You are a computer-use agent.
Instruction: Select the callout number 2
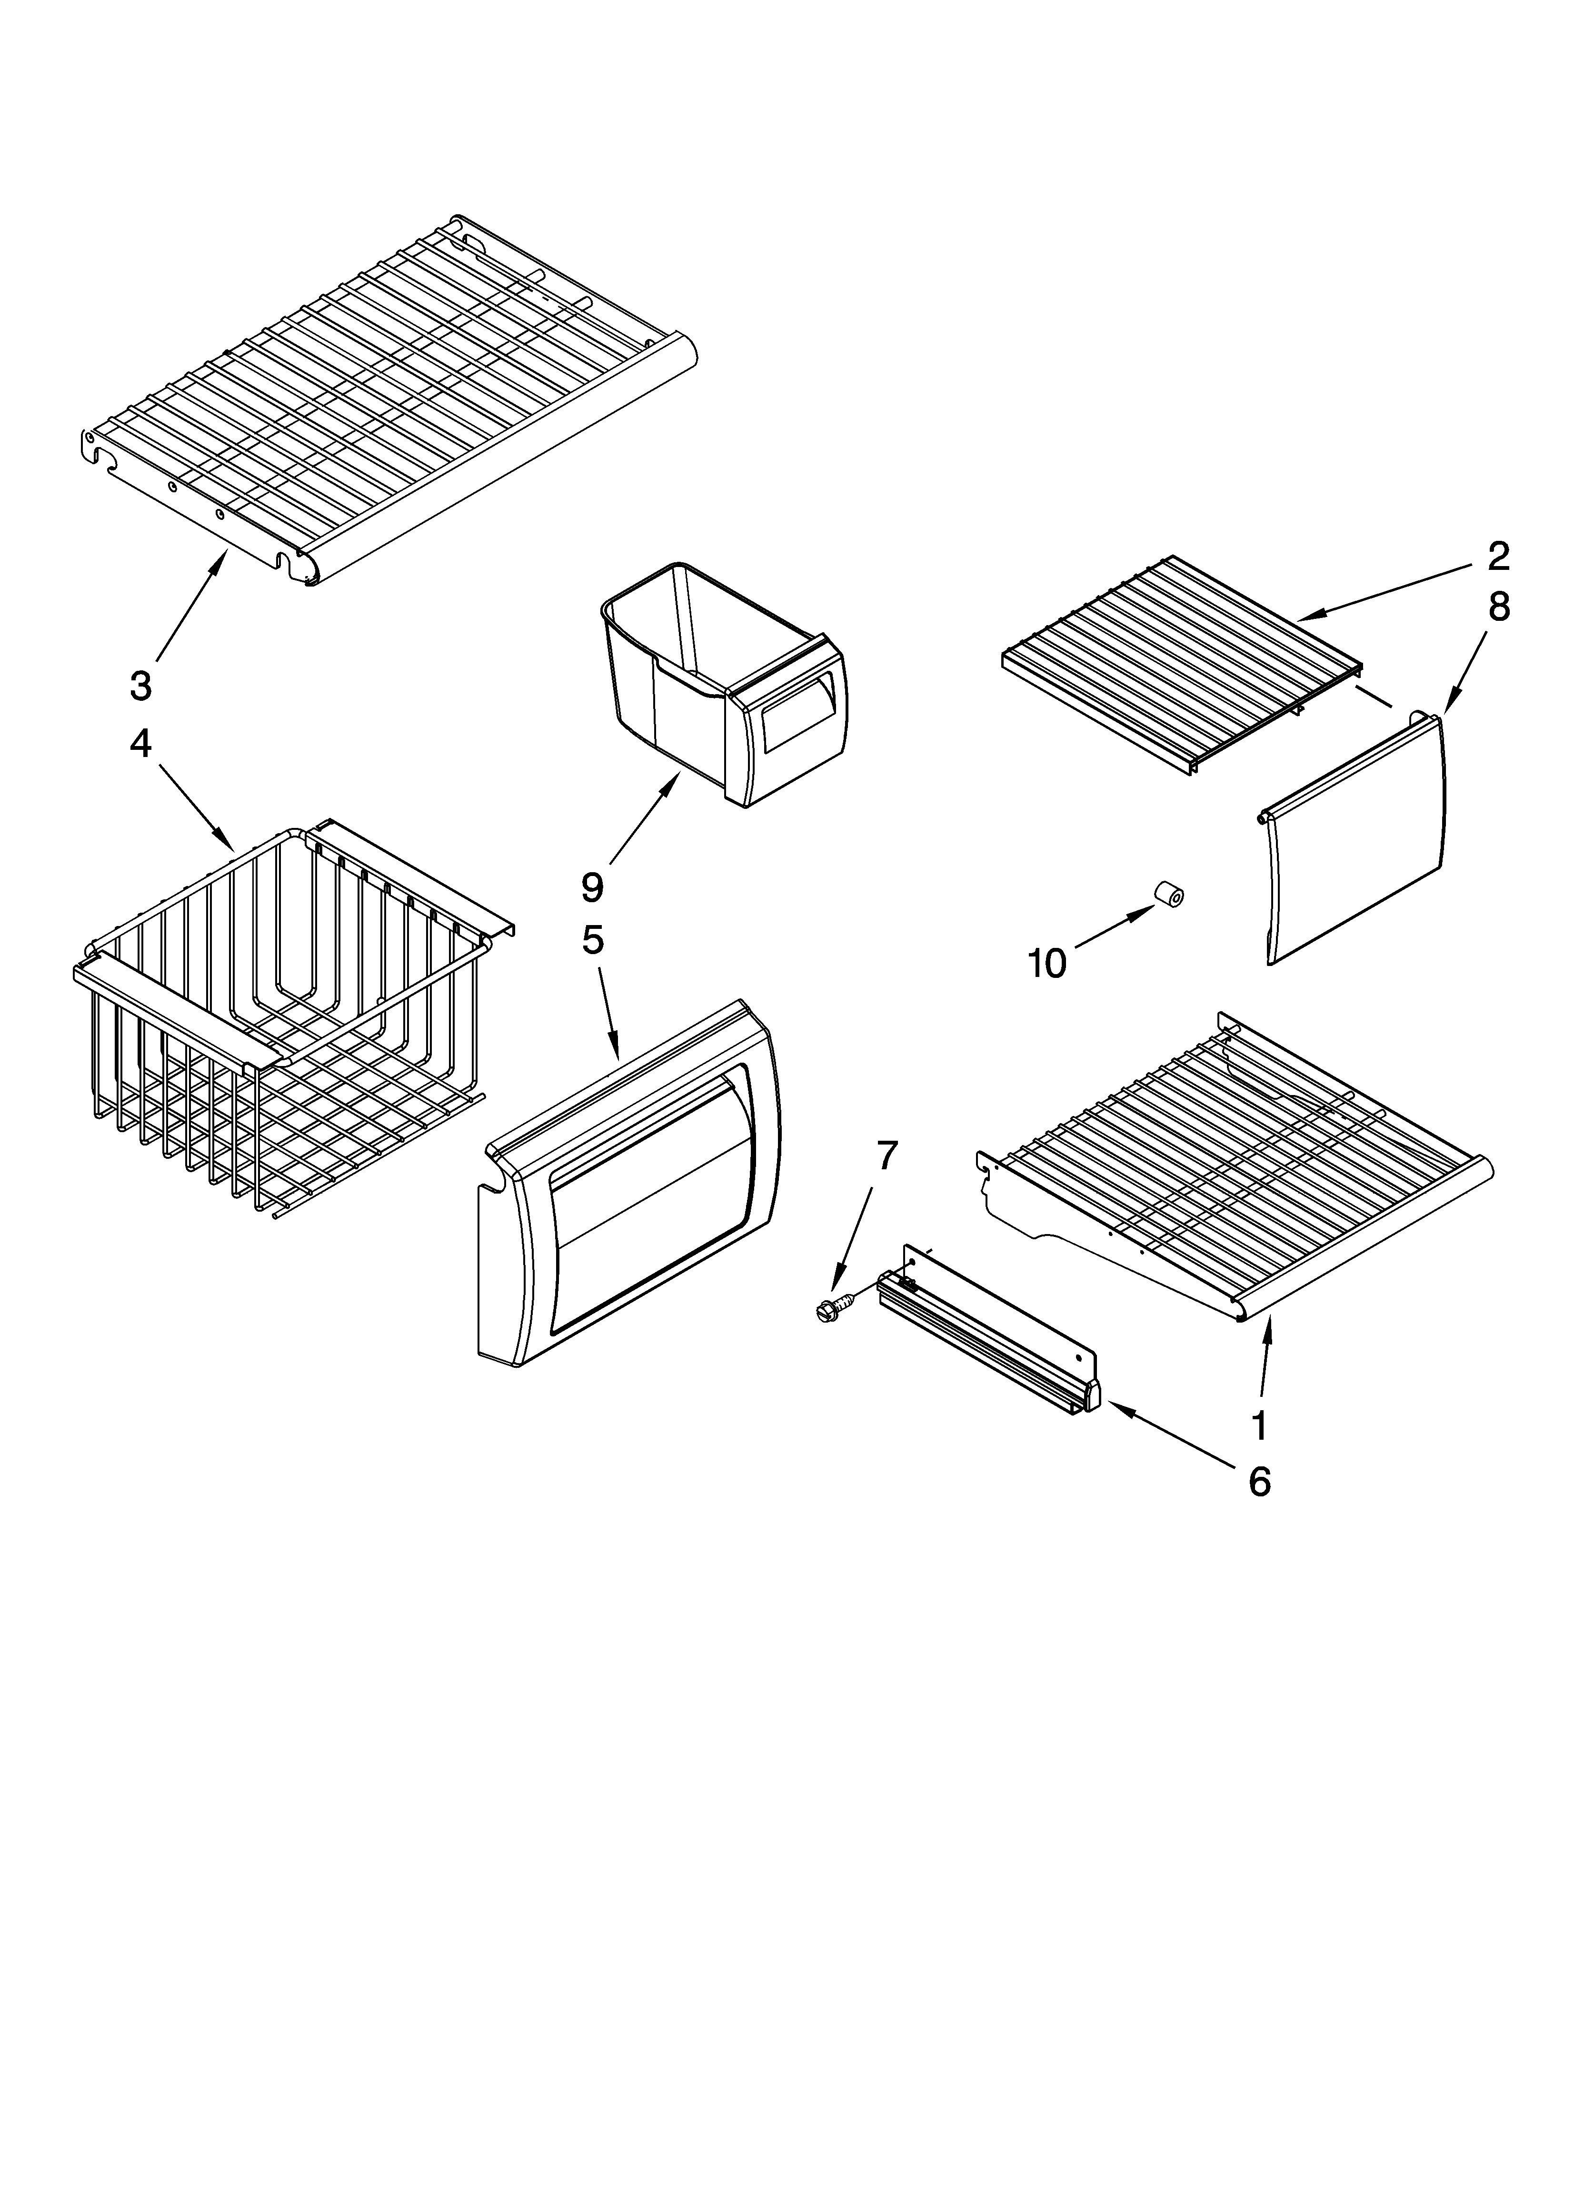(x=1498, y=556)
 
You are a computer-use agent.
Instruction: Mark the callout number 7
(x=887, y=1155)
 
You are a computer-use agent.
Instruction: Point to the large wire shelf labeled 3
(x=389, y=398)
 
